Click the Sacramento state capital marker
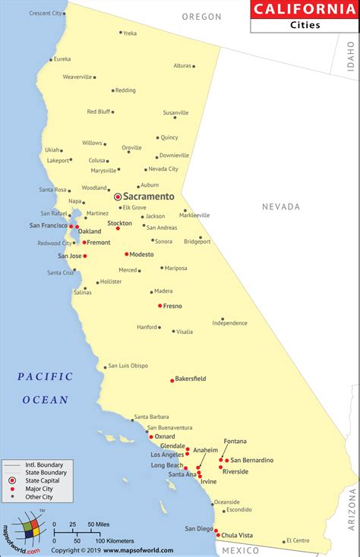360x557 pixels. (118, 197)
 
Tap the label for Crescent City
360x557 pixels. (46, 13)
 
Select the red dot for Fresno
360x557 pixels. (160, 306)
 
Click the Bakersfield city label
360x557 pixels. (191, 379)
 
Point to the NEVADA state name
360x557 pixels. (281, 206)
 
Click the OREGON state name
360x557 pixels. (202, 17)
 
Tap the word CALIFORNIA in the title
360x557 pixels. (303, 9)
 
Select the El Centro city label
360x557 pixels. (297, 541)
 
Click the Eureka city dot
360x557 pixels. (52, 59)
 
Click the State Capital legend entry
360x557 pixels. (39, 481)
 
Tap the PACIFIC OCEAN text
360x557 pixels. (45, 387)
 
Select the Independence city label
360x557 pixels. (229, 323)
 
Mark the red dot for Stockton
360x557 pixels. (118, 228)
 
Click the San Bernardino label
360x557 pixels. (252, 460)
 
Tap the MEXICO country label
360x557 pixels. (245, 549)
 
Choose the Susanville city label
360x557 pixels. (175, 112)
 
